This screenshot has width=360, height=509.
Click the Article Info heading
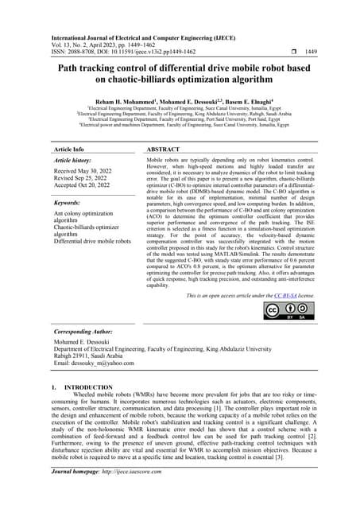point(68,149)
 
